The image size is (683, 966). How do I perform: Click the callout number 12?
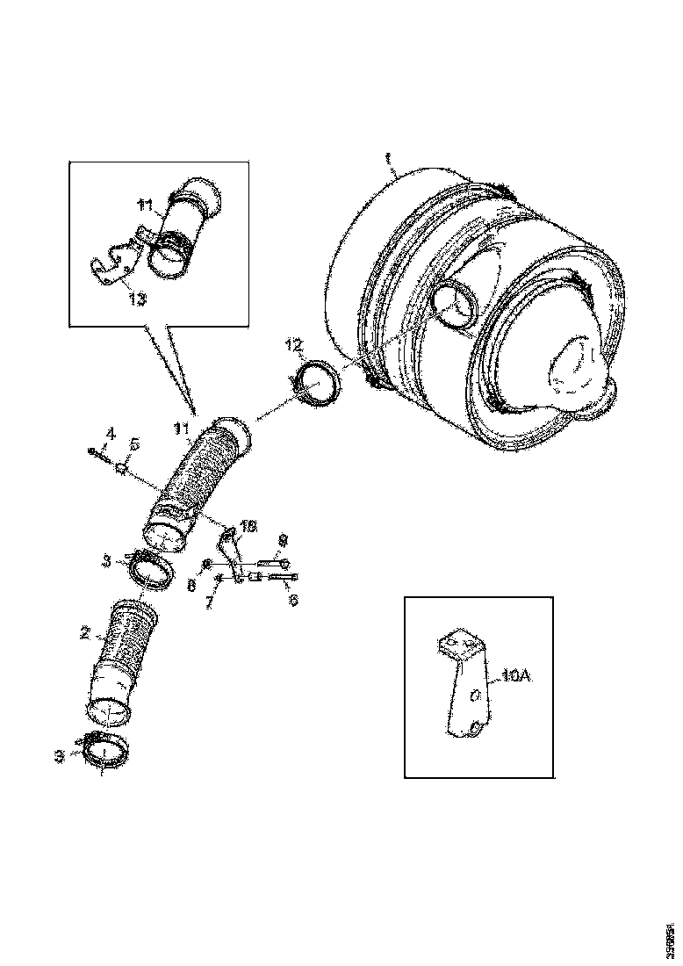(291, 341)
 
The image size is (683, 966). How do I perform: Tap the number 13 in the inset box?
(139, 299)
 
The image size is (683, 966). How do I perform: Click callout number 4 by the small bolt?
(111, 432)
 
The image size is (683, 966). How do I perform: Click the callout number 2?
(85, 632)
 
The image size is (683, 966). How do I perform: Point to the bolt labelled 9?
(273, 562)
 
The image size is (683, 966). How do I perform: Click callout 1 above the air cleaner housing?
(387, 158)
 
